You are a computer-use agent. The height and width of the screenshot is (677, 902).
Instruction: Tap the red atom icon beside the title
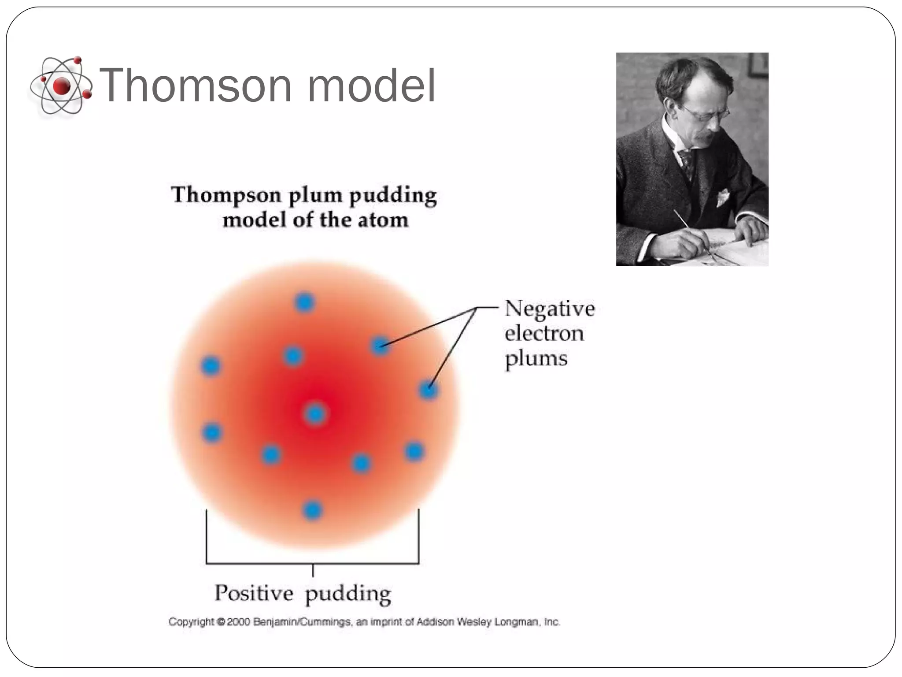[x=61, y=86]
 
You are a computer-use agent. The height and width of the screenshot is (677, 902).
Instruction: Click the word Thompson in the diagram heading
[x=226, y=195]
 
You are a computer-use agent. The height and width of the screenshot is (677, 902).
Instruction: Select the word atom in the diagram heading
[x=383, y=220]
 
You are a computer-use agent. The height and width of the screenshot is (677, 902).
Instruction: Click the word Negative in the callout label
[x=549, y=308]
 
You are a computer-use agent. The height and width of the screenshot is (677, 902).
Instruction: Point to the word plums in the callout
[x=536, y=359]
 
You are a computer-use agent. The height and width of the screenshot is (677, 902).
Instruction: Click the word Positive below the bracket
[x=254, y=593]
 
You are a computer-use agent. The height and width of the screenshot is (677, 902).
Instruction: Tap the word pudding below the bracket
[x=347, y=594]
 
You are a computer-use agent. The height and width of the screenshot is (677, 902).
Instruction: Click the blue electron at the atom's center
[x=315, y=414]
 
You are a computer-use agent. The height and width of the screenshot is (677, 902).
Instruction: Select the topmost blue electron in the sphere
[x=304, y=302]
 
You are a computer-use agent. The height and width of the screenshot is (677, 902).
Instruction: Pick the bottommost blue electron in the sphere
[x=313, y=510]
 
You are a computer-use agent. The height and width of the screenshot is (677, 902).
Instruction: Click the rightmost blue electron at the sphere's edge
[x=428, y=390]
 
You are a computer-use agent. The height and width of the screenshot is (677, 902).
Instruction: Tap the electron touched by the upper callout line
[x=380, y=345]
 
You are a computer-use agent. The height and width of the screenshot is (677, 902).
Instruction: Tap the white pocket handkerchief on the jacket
[x=723, y=197]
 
